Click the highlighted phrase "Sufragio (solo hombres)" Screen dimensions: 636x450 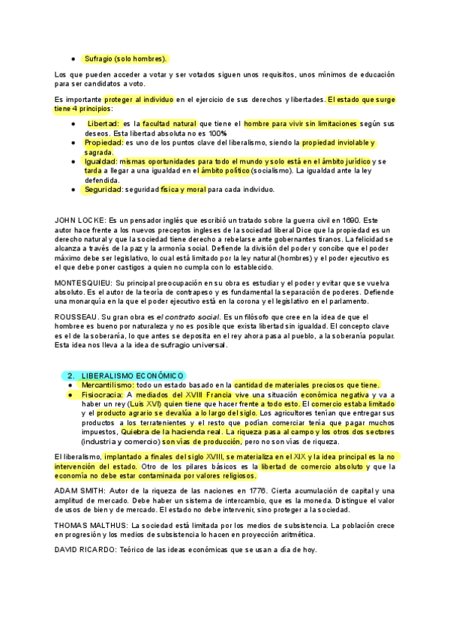(x=124, y=58)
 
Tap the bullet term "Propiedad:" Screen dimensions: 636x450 (x=103, y=142)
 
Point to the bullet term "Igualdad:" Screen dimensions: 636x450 (x=100, y=161)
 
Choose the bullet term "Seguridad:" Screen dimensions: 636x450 (x=103, y=190)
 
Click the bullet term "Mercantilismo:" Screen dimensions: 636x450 (x=108, y=385)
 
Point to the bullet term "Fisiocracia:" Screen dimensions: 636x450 (x=102, y=394)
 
